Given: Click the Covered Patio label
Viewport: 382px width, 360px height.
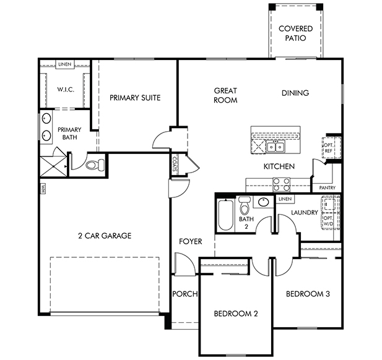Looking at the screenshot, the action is click(295, 33).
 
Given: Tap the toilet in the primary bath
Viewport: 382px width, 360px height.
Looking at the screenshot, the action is click(95, 165).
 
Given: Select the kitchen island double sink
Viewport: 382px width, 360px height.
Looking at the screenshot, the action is click(276, 147).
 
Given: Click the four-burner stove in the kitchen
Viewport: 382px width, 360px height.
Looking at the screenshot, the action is click(281, 184).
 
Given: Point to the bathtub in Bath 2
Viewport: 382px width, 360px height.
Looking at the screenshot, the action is click(225, 215).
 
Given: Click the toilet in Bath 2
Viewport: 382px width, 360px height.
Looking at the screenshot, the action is click(245, 206).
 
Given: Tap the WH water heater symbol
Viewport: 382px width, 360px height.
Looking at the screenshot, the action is click(43, 189).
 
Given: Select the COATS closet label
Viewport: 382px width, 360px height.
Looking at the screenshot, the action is click(175, 164).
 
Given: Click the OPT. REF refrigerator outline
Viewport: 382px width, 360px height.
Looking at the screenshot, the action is click(332, 148).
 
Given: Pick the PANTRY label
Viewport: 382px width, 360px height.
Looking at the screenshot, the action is click(327, 187).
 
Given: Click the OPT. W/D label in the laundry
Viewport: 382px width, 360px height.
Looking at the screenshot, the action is click(328, 221).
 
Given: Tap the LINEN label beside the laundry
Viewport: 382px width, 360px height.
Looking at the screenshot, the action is click(285, 199).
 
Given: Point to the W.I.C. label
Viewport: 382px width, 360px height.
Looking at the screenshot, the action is click(66, 90).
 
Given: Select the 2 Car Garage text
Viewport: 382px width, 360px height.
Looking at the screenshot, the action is click(105, 236).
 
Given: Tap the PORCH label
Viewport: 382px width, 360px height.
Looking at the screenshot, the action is click(185, 294).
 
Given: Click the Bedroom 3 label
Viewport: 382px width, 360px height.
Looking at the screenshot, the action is click(308, 294).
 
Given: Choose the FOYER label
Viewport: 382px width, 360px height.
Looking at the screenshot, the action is click(191, 241).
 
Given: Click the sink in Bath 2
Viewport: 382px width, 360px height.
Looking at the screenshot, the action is click(263, 202).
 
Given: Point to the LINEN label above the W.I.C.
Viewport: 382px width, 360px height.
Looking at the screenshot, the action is click(65, 64).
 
